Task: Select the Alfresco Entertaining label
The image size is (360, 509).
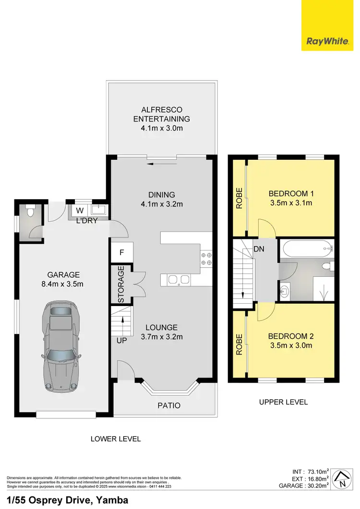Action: (x=162, y=118)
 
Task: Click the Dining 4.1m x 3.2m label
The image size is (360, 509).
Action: (x=162, y=199)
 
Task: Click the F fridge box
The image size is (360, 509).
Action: (x=122, y=252)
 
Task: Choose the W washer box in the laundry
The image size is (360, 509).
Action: (x=79, y=211)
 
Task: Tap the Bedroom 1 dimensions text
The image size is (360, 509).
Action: (x=291, y=202)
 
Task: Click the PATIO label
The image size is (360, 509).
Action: (x=169, y=405)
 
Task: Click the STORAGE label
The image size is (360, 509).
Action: (x=121, y=284)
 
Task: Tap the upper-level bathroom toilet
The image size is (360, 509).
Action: (x=327, y=265)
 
